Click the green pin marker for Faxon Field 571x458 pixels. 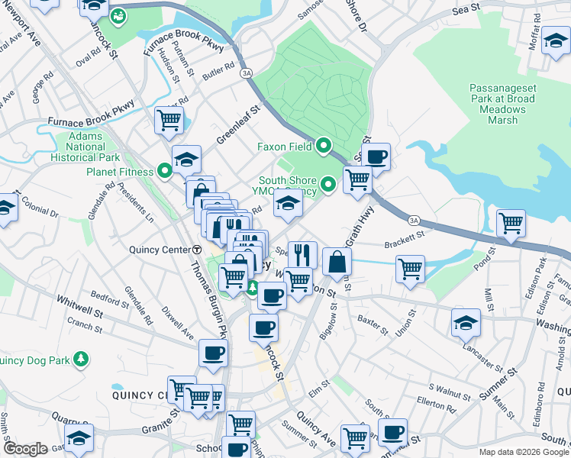pyautogui.click(x=324, y=144)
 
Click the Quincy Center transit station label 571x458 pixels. pyautogui.click(x=165, y=250)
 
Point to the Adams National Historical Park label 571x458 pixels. pyautogui.click(x=85, y=147)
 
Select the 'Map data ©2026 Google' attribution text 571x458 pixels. pyautogui.click(x=524, y=452)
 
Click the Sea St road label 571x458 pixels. pyautogui.click(x=466, y=8)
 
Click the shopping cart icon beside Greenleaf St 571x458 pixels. pyautogui.click(x=168, y=119)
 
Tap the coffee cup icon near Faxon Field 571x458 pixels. pyautogui.click(x=376, y=157)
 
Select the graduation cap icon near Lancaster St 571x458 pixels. pyautogui.click(x=465, y=322)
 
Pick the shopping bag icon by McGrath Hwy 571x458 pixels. pyautogui.click(x=337, y=262)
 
